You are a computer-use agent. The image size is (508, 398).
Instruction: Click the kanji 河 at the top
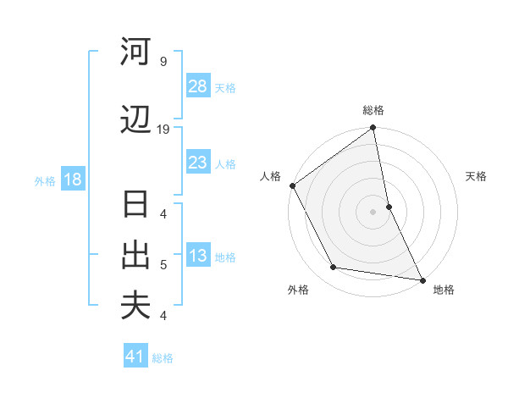[135, 52]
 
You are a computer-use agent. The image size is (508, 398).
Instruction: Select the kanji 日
[135, 206]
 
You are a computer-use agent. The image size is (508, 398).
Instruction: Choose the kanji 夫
[135, 305]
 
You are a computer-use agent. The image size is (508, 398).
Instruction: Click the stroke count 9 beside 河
[163, 62]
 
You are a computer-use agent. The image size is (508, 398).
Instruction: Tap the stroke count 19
[164, 130]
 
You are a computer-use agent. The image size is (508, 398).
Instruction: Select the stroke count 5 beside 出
[163, 264]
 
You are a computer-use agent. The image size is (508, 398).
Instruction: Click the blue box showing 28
[198, 86]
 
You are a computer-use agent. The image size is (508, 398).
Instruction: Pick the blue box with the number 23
[198, 163]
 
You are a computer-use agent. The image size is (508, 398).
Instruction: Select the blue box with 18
[71, 180]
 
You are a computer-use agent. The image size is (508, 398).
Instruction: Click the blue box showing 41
[135, 357]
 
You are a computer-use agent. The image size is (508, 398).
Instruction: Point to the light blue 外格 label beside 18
[45, 180]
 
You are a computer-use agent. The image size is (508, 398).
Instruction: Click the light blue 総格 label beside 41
[163, 358]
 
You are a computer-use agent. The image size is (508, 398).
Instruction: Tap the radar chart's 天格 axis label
[476, 176]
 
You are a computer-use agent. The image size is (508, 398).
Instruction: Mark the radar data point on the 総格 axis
[373, 129]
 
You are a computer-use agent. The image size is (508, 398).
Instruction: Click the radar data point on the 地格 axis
[421, 279]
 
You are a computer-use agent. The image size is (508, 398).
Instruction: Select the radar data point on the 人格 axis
[292, 185]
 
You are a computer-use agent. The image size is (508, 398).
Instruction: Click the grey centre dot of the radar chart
[373, 211]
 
